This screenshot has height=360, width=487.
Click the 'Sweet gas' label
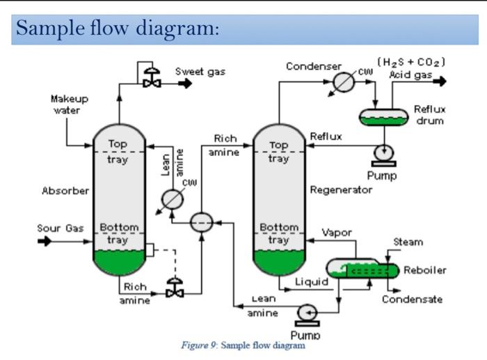tap(200, 71)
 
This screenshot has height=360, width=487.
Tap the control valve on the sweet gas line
tap(147, 79)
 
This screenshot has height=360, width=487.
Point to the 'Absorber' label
tap(65, 190)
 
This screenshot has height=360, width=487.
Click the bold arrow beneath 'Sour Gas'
tap(45, 242)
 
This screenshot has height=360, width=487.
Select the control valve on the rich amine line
tap(173, 288)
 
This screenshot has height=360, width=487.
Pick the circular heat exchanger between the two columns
tap(202, 222)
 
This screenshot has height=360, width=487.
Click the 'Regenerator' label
tap(341, 190)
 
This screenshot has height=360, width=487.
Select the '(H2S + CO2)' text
tap(411, 63)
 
